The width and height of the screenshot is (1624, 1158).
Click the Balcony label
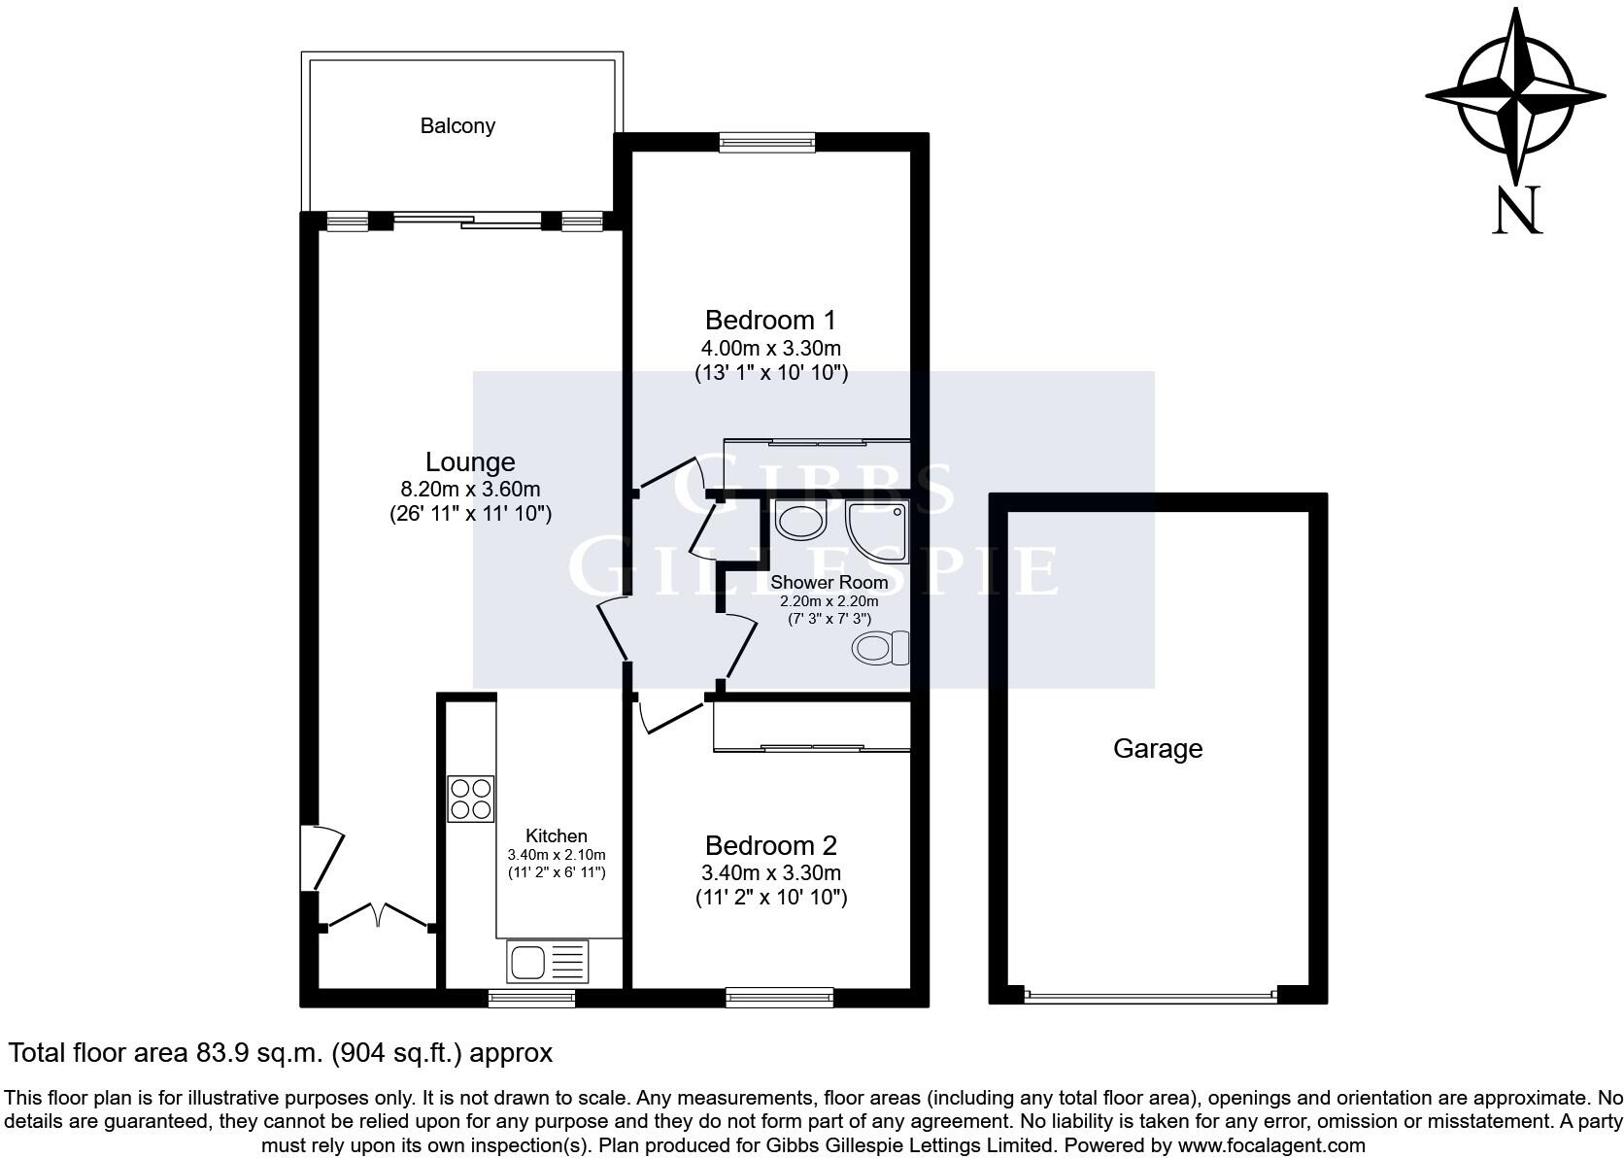[457, 125]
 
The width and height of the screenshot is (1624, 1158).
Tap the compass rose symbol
[1514, 96]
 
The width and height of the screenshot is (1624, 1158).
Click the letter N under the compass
[1516, 211]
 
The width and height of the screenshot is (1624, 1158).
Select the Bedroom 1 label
[770, 320]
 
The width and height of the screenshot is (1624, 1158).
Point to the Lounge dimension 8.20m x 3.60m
[470, 490]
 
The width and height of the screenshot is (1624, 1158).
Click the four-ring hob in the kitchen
[470, 799]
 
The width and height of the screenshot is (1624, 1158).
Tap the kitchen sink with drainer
[547, 962]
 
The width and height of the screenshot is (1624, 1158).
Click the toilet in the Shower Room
[880, 648]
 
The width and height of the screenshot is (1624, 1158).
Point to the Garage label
[1157, 748]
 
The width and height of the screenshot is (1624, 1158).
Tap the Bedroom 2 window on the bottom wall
[779, 997]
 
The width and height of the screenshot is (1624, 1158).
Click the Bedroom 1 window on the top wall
[767, 143]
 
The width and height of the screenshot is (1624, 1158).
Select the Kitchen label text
[557, 835]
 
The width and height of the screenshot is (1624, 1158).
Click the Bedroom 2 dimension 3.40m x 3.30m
[770, 872]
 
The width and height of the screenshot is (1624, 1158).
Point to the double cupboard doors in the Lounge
[378, 918]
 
